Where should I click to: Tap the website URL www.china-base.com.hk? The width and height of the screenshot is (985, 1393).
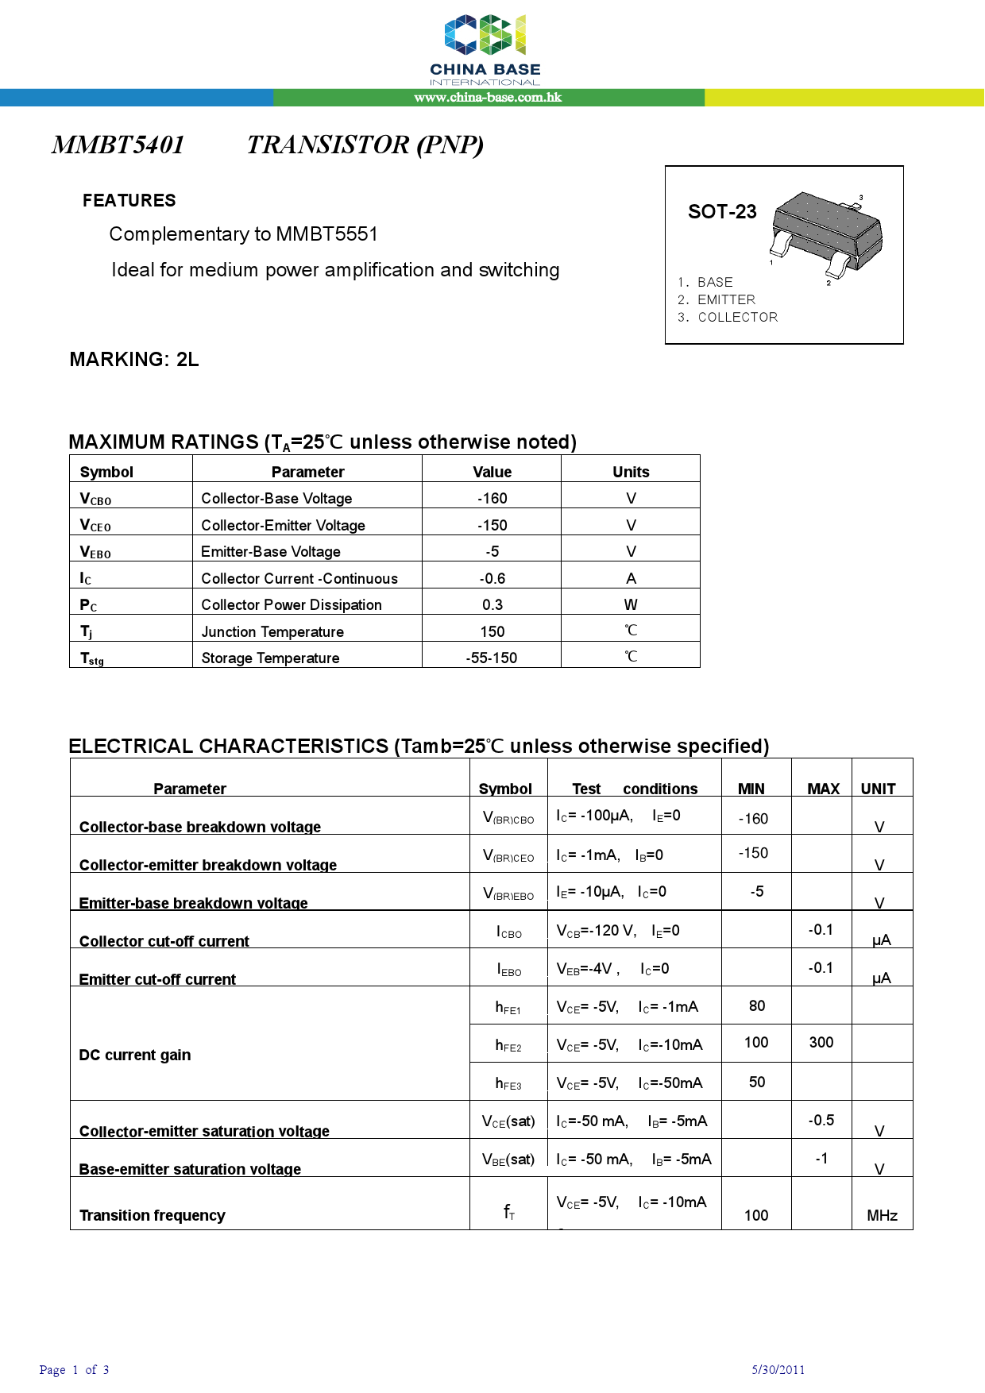(488, 98)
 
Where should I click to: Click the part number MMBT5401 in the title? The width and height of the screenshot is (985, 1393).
(118, 145)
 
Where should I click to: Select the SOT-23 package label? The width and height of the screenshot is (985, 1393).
(722, 212)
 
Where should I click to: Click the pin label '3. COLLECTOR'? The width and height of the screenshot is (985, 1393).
(728, 317)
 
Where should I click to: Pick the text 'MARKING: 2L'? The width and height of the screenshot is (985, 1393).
(134, 360)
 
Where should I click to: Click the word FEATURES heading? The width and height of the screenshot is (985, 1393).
(129, 201)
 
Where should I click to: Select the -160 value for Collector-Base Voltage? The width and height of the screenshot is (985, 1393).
(492, 499)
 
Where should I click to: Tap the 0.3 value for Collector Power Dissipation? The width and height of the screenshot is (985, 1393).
(492, 605)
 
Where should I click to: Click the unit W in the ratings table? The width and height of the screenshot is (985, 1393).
(631, 605)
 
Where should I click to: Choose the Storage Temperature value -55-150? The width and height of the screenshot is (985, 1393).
(491, 658)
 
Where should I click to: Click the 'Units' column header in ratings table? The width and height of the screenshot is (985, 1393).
(631, 473)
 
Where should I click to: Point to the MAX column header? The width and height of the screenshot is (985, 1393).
(823, 789)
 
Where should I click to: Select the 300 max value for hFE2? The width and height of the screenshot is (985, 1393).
(821, 1043)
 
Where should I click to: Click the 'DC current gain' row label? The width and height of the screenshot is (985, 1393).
(135, 1055)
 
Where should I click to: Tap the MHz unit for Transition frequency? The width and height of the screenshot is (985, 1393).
(882, 1216)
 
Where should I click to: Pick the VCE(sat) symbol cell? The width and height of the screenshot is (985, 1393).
(508, 1121)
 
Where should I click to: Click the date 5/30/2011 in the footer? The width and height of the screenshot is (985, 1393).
(778, 1370)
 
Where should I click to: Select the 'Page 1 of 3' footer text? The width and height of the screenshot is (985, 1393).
(74, 1370)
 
